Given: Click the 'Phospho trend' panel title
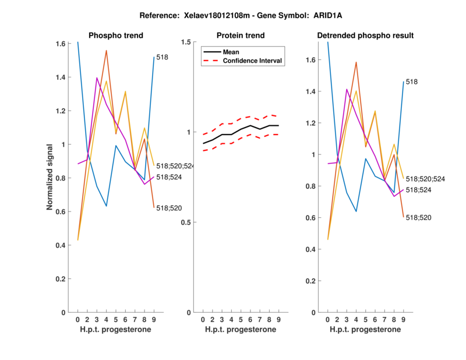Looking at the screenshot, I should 115,36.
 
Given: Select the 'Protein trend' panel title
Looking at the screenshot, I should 240,36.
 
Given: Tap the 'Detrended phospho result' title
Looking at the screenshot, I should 365,36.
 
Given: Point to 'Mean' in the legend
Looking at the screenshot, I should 231,51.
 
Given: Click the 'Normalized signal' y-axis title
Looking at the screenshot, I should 51,177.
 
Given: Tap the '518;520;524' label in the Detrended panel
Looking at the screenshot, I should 425,179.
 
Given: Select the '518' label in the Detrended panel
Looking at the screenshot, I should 411,82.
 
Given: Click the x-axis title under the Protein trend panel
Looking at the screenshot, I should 240,330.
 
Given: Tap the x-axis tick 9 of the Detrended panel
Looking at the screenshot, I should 403,320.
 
